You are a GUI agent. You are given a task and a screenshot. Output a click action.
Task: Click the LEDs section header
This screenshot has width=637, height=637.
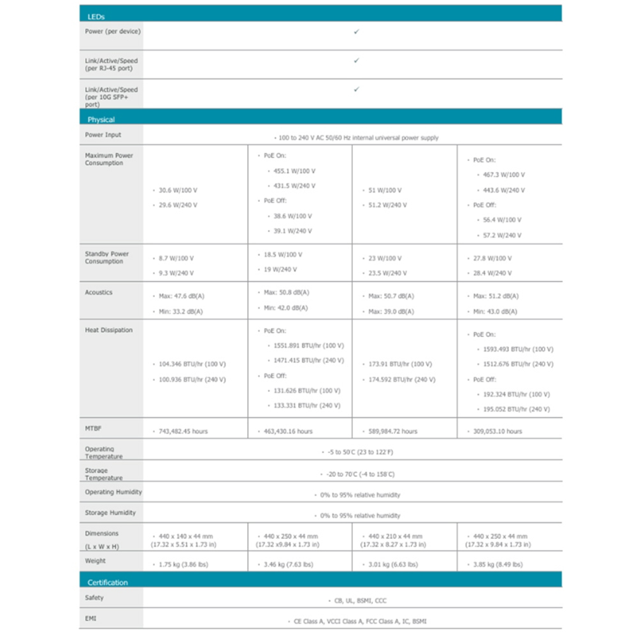pos(96,17)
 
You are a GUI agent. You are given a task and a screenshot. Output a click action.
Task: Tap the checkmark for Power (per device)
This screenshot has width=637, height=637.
pos(356,31)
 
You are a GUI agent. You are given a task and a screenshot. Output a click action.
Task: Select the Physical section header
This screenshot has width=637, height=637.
pos(101,119)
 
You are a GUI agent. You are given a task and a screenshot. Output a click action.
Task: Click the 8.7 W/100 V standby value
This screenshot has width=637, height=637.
pos(176,259)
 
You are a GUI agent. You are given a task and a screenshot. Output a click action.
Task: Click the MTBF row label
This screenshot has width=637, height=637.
pos(94,429)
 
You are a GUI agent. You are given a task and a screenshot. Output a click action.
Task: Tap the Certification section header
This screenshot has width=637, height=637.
pos(108,582)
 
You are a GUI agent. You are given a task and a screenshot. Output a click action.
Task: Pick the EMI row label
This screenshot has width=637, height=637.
pos(91,618)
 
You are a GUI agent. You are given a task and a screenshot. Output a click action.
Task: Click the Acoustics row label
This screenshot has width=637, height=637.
pos(99,292)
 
